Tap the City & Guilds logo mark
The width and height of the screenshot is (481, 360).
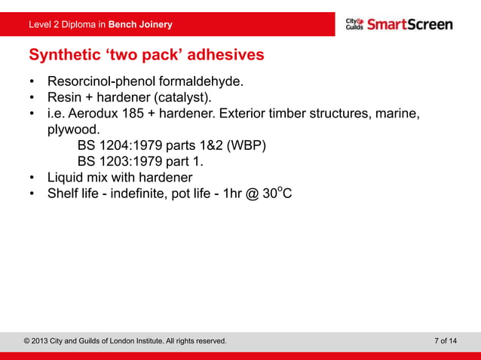[354, 24]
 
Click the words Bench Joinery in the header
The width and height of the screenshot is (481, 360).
[140, 25]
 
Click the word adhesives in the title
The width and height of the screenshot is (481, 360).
[225, 55]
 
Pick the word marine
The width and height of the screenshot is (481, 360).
[397, 114]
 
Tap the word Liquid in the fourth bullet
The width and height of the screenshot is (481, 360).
[67, 178]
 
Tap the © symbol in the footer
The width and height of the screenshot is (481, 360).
[28, 341]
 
